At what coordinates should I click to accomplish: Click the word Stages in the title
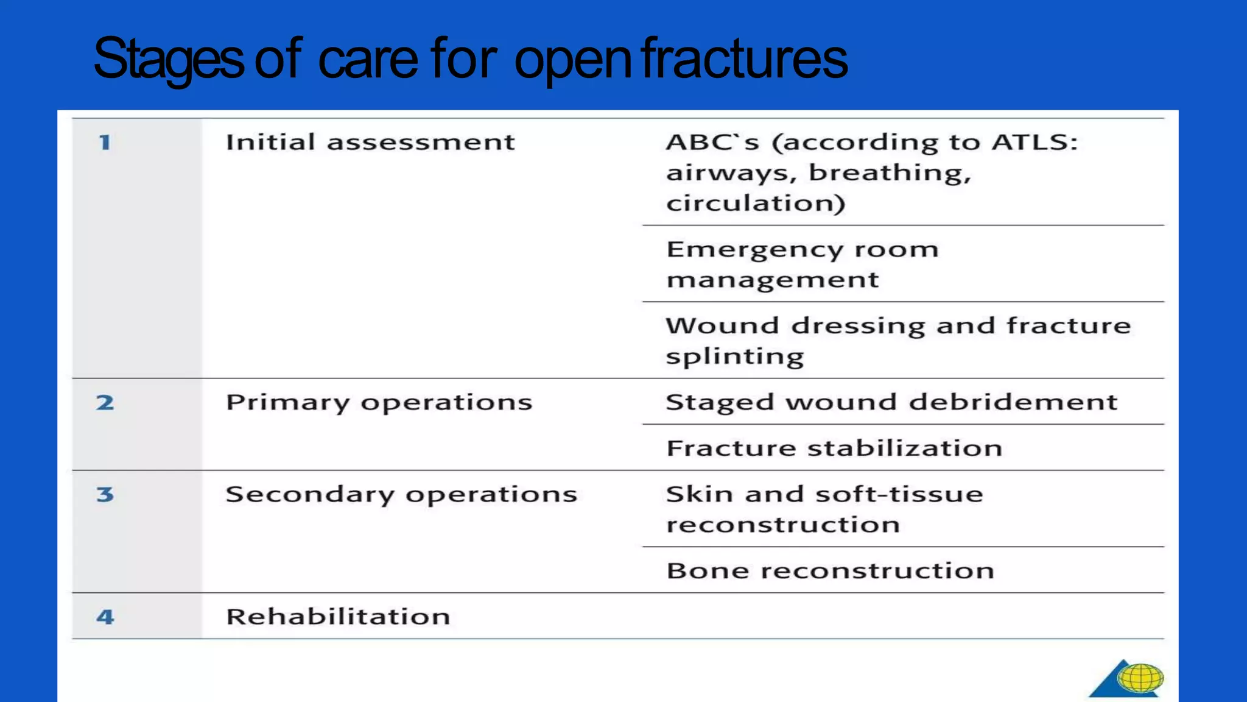click(x=168, y=59)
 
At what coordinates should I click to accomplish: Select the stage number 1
click(x=105, y=143)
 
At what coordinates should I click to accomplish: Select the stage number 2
click(x=105, y=402)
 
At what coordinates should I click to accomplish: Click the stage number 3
click(x=105, y=494)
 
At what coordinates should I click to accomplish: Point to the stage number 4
click(x=105, y=617)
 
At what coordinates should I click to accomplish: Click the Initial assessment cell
click(x=370, y=143)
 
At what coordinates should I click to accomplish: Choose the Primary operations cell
click(x=379, y=403)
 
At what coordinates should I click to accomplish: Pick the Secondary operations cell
click(x=401, y=494)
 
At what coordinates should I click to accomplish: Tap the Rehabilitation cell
click(x=338, y=617)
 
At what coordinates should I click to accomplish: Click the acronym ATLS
click(x=1033, y=143)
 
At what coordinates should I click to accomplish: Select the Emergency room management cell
click(x=803, y=264)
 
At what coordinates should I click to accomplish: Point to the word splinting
click(x=734, y=356)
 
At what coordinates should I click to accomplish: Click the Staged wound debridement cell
click(x=891, y=402)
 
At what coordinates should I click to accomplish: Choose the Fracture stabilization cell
click(x=834, y=448)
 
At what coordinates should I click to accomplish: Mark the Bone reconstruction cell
click(x=830, y=571)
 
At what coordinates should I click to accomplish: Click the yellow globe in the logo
click(x=1140, y=678)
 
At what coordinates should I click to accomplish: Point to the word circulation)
click(x=755, y=203)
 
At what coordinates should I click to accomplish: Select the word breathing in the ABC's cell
click(x=890, y=174)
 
